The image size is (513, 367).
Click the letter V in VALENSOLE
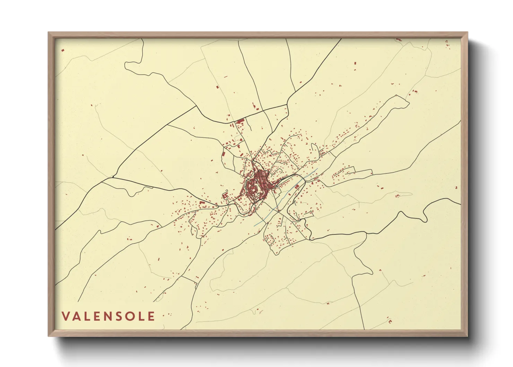point(66,316)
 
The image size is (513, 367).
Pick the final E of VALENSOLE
point(151,316)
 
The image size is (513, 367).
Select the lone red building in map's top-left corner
point(63,50)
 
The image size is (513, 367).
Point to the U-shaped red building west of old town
point(225,195)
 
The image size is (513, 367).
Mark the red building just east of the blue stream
point(297,186)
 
